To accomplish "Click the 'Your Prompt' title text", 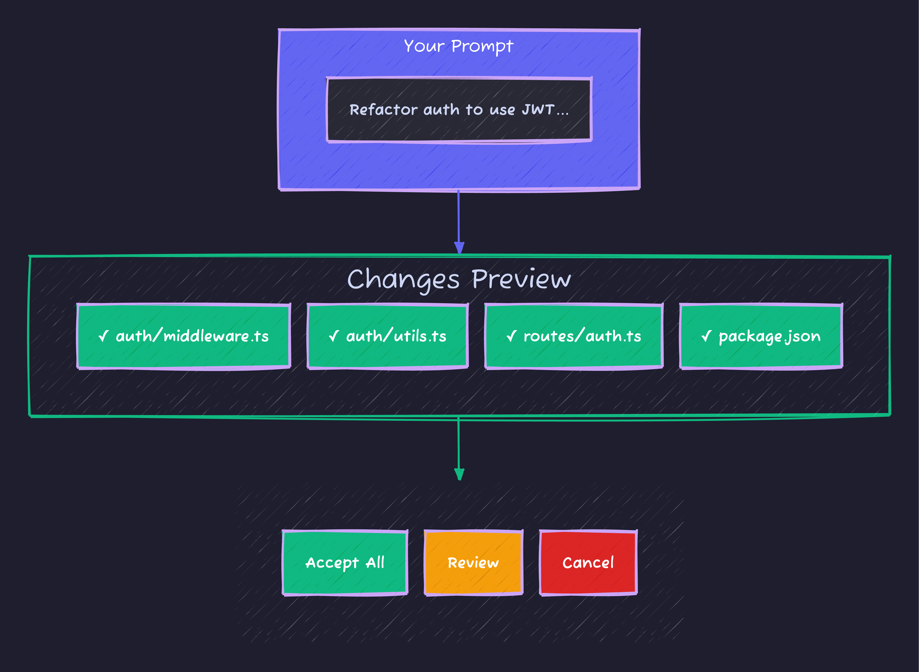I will point(459,46).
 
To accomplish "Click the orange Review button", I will point(473,563).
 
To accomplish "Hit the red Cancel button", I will point(588,563).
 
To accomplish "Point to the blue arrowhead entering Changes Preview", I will point(459,247).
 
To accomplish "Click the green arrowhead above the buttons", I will point(459,474).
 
